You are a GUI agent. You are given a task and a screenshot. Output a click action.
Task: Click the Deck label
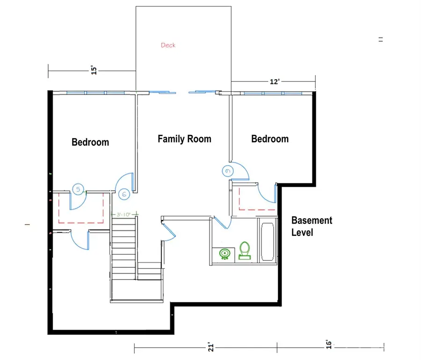[x=168, y=45]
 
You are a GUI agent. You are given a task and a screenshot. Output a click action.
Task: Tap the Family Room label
[x=184, y=139]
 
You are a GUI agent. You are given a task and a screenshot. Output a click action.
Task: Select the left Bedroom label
[x=90, y=142]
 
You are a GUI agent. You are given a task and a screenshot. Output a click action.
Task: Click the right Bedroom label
[x=270, y=139]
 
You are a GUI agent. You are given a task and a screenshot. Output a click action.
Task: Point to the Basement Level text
[x=312, y=226]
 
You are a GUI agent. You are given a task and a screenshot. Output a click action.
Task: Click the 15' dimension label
[x=94, y=71]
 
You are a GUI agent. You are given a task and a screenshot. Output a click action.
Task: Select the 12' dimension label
[x=275, y=81]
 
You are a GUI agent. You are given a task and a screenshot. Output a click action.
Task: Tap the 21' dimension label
[x=211, y=347]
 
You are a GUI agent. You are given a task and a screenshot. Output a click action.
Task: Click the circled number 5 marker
[x=78, y=189]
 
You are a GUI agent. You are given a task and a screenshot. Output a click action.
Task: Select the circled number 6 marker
[x=124, y=193]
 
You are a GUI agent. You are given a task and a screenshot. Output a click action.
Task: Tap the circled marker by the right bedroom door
[x=228, y=171]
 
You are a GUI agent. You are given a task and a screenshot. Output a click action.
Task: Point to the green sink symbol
[x=225, y=254]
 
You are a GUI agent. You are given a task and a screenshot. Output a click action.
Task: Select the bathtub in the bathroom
[x=269, y=242]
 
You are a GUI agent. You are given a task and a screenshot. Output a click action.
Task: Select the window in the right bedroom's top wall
[x=273, y=93]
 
